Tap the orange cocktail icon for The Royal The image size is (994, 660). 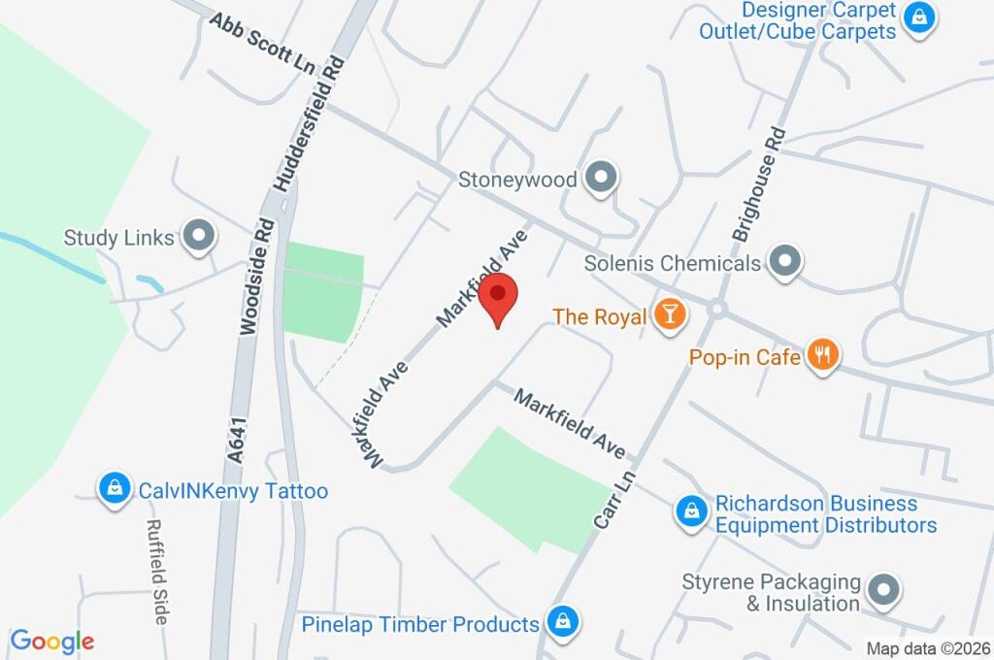pos(669,314)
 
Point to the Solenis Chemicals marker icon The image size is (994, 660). pos(783,261)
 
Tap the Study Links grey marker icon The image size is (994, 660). pos(199,236)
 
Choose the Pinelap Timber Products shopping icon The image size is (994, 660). pos(561,622)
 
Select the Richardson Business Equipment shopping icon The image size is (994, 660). pos(691,511)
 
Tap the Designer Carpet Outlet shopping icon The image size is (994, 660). pos(917,17)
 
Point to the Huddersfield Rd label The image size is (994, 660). pos(310,124)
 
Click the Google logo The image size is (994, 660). pos(52,641)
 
